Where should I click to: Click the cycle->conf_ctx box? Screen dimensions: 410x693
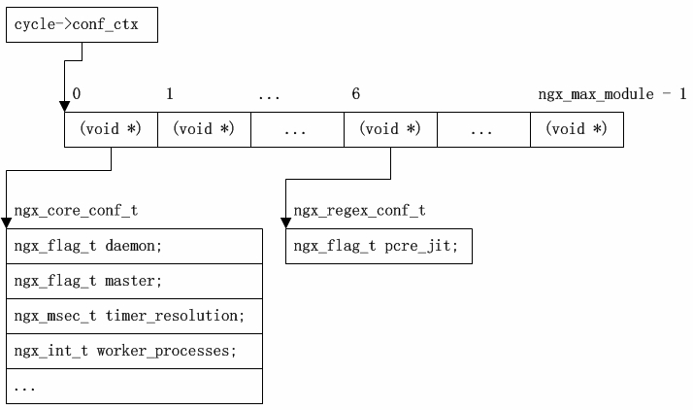pos(82,25)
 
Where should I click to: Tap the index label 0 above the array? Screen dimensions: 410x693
pos(77,94)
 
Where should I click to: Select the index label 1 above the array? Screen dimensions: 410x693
pos(170,94)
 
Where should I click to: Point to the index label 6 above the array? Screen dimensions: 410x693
pos(356,94)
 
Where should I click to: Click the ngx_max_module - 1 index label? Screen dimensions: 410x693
pos(612,94)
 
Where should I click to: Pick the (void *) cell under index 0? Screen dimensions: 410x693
pos(111,129)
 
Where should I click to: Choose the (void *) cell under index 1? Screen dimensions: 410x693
pos(204,129)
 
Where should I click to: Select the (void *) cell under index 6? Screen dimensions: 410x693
pos(390,129)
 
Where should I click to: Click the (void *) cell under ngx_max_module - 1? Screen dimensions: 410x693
pos(577,129)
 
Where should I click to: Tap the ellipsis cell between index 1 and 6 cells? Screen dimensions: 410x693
pos(297,129)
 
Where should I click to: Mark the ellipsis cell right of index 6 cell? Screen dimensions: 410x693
pos(483,129)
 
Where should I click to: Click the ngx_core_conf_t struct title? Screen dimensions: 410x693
pos(68,210)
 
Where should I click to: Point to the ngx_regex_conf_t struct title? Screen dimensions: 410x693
pos(359,210)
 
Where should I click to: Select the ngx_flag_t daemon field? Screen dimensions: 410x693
pos(134,246)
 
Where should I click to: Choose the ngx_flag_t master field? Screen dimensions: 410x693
pos(134,281)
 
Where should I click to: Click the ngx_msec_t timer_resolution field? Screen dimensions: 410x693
pos(134,316)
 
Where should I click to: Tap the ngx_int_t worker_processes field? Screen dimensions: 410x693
pos(134,351)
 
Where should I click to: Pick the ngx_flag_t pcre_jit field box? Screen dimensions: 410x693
pos(379,246)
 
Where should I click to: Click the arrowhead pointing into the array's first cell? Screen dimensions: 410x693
pos(64,107)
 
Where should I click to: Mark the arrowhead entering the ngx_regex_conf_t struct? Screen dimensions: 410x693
pos(285,222)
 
